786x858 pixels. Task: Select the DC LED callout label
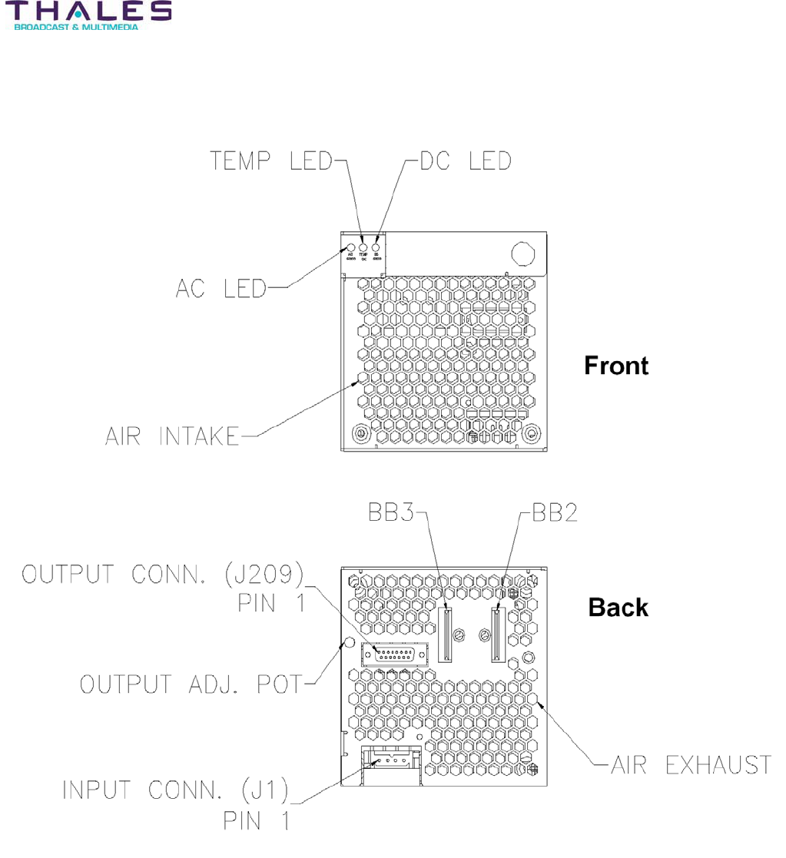pos(465,161)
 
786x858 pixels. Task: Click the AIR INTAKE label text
pos(172,436)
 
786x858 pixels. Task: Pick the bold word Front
pos(616,366)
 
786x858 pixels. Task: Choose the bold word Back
pos(619,608)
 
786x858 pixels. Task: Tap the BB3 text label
pos(389,514)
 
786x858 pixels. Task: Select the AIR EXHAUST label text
pos(691,765)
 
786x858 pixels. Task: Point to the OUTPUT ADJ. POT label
pos(192,683)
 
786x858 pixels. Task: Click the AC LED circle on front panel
pos(351,248)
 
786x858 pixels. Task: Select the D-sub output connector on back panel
pos(394,653)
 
